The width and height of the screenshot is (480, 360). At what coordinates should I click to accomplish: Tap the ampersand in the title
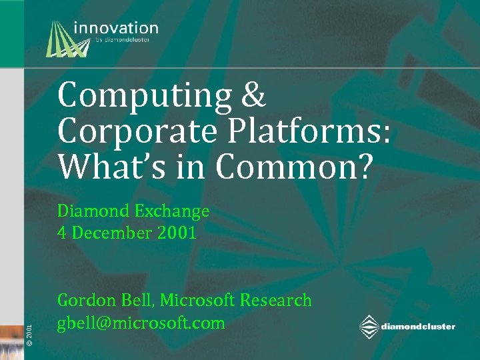(252, 97)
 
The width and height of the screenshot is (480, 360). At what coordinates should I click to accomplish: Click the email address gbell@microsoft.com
(141, 323)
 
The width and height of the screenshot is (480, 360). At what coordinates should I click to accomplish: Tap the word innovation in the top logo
(116, 29)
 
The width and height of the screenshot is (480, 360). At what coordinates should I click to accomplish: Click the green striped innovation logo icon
(67, 38)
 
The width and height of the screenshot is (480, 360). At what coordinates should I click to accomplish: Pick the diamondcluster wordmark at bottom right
(419, 327)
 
